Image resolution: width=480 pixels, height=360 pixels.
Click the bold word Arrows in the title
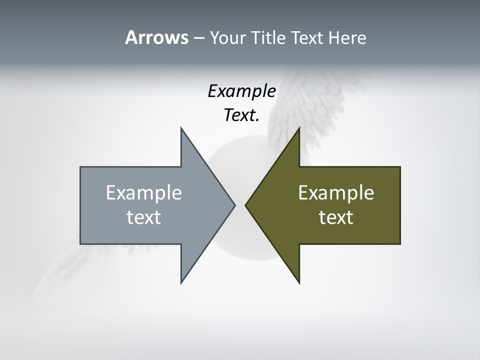coord(156,37)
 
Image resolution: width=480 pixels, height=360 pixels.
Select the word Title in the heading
coord(268,38)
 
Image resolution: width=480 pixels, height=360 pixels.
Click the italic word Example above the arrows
coord(241,91)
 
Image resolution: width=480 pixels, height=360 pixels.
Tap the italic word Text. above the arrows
coord(241,115)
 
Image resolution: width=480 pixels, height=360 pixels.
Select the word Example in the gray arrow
coord(144,193)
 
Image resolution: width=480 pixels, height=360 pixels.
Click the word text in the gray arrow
coord(144,217)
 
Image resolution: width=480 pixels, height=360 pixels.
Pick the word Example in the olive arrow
coord(336,193)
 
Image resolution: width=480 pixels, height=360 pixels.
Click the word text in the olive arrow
coord(336,217)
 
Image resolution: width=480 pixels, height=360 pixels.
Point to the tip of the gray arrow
coord(234,205)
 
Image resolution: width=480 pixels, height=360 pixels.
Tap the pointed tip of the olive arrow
coord(245,205)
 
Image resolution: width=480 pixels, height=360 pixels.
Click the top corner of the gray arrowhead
coord(181,128)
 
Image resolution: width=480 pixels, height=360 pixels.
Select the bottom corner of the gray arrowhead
coord(181,283)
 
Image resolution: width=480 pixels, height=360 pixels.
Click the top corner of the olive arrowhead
coord(299,128)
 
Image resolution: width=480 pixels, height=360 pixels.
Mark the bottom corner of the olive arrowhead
coord(299,283)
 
